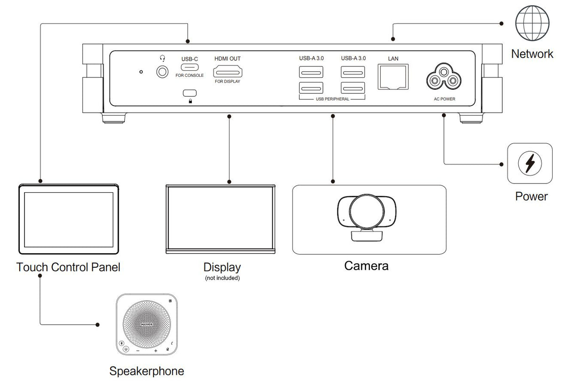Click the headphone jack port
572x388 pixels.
[x=162, y=72]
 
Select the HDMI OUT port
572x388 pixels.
[x=228, y=72]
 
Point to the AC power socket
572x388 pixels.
[x=443, y=78]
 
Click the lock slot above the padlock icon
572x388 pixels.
[x=190, y=92]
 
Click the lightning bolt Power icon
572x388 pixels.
[x=530, y=164]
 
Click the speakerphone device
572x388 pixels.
[x=147, y=325]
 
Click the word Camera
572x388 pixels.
[x=366, y=266]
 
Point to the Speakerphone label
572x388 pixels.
[x=147, y=371]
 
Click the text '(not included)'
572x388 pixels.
[x=222, y=278]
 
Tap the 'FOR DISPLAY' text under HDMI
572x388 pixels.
[x=228, y=82]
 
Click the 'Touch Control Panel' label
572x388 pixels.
[x=68, y=267]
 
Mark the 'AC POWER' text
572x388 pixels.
[x=444, y=99]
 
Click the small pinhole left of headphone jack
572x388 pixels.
[x=141, y=72]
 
